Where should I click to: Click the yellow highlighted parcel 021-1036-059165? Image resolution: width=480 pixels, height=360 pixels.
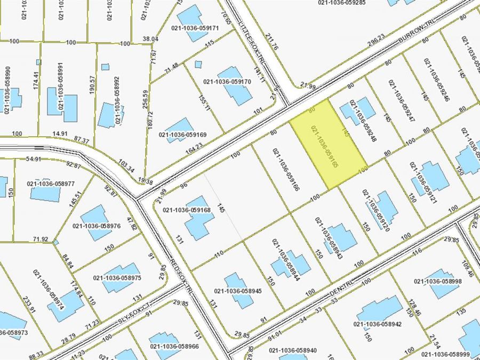[328, 144]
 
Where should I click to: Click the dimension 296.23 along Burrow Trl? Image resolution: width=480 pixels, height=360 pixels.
[376, 38]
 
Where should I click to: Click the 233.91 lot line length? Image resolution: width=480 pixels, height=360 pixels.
[29, 307]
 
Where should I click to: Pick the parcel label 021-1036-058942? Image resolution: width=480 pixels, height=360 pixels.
[378, 323]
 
